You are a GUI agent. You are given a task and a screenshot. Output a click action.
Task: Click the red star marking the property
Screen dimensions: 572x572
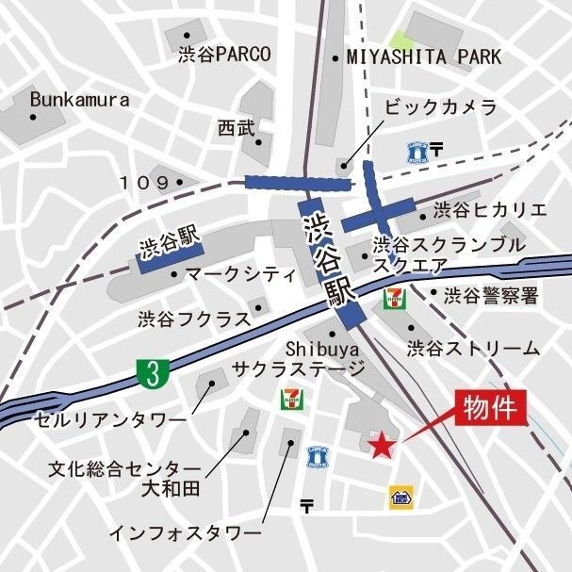(x=382, y=445)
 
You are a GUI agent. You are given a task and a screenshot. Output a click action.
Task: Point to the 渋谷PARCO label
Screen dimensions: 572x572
(x=224, y=55)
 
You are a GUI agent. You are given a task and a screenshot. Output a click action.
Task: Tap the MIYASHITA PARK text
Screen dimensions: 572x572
(x=424, y=57)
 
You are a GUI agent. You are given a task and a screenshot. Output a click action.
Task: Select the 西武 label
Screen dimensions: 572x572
(x=236, y=127)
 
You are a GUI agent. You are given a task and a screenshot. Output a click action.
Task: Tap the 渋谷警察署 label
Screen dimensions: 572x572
(x=491, y=296)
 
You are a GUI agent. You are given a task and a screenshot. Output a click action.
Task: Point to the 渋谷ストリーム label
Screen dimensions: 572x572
(x=473, y=349)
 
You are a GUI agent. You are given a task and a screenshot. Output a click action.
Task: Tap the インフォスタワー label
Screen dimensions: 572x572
(x=185, y=533)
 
